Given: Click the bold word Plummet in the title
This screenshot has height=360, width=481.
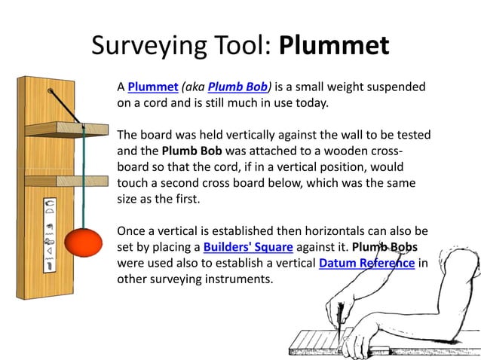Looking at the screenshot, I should pyautogui.click(x=334, y=46).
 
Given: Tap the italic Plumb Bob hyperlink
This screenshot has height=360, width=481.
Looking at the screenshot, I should pyautogui.click(x=232, y=87).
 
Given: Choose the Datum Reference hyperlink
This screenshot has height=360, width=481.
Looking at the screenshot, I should pyautogui.click(x=366, y=264).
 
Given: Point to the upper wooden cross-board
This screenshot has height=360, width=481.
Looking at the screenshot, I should pyautogui.click(x=68, y=130).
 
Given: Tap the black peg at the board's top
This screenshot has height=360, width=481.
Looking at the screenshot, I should pyautogui.click(x=51, y=90).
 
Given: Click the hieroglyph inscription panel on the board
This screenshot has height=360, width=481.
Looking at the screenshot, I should pyautogui.click(x=50, y=233).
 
